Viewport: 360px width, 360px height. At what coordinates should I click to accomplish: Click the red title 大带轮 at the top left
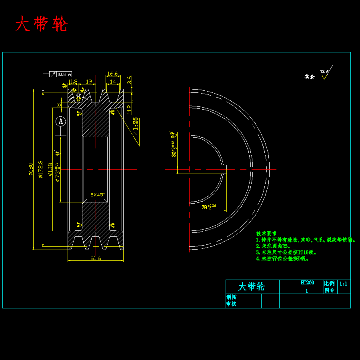click(41, 24)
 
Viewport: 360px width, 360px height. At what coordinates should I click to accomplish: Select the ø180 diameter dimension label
click(30, 169)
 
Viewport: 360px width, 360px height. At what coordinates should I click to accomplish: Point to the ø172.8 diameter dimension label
click(40, 169)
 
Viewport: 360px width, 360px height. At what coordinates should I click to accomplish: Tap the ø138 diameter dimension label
click(50, 169)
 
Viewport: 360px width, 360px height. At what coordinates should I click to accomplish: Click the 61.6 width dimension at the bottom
click(96, 258)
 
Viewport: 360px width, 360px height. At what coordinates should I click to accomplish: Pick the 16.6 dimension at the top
click(113, 74)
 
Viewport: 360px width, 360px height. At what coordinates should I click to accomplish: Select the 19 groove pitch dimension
click(89, 82)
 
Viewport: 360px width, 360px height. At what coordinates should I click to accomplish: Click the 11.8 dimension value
click(73, 82)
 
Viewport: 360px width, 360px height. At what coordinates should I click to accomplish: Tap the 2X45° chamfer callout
click(97, 195)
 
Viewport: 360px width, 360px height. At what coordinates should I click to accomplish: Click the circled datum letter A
click(60, 121)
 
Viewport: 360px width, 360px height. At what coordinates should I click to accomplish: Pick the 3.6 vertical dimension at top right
click(129, 80)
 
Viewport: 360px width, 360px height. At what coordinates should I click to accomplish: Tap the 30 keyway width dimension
click(174, 148)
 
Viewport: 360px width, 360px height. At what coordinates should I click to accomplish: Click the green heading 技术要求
click(266, 233)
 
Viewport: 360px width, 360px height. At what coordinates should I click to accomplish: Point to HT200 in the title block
click(307, 283)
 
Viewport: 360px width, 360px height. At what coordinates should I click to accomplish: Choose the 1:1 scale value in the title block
click(343, 284)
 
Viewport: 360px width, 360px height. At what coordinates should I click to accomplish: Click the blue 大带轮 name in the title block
click(251, 286)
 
